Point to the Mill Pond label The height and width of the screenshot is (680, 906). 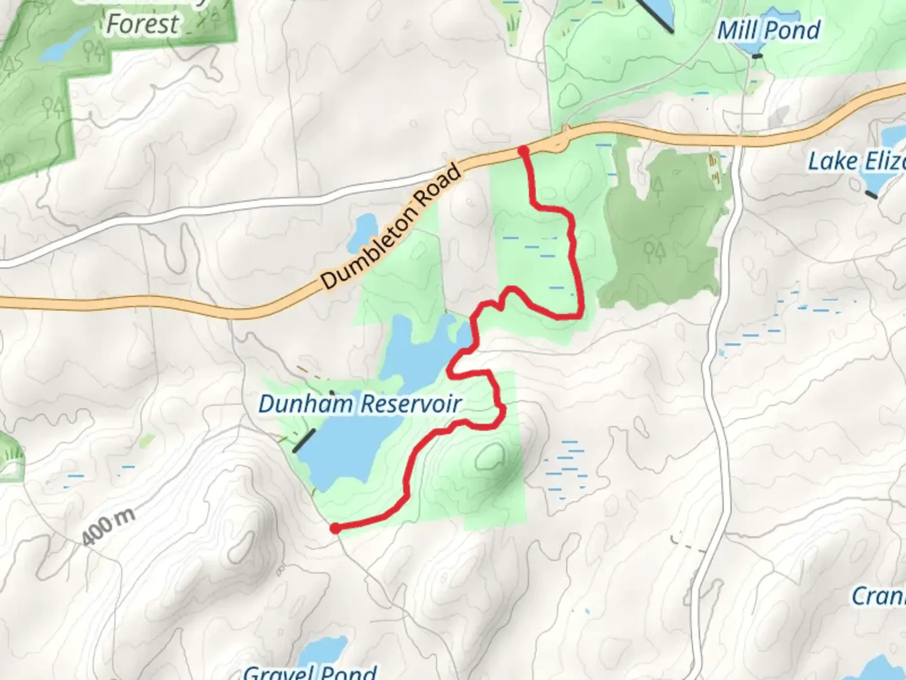768,30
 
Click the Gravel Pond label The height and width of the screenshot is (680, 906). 310,671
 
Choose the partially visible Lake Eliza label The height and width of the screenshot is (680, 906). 856,161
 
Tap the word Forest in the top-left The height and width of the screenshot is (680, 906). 142,24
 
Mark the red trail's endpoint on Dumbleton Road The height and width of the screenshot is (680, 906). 523,150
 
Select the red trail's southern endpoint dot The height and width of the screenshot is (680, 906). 335,528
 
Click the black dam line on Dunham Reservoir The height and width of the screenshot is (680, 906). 304,441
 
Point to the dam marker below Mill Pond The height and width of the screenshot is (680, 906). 758,56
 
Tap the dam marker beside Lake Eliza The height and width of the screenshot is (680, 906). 871,195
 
